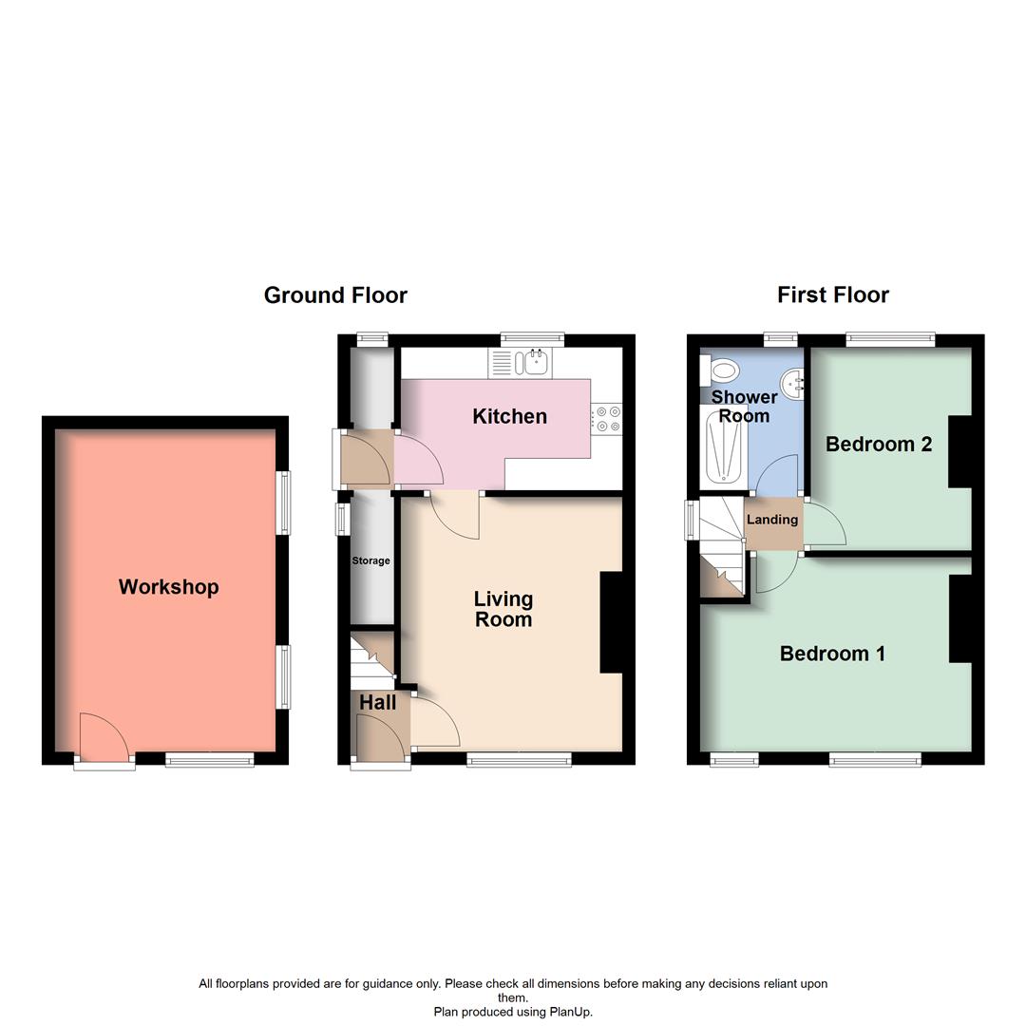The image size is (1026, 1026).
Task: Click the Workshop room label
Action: [168, 587]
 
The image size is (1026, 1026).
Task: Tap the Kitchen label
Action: [509, 416]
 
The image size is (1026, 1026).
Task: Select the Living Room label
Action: [503, 609]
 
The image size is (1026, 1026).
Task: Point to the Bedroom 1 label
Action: [832, 654]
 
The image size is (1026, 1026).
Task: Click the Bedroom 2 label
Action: [879, 444]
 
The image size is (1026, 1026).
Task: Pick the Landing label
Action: [771, 520]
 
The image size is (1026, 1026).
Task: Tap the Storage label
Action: [370, 560]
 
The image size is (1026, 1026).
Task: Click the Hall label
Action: [378, 703]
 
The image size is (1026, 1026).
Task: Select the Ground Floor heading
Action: [335, 295]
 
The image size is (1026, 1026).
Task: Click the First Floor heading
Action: [833, 295]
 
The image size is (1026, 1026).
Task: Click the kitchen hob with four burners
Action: [607, 420]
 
